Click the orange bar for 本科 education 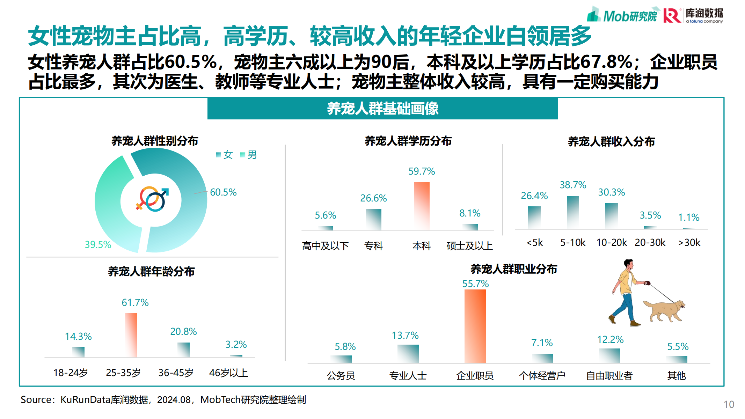(422, 206)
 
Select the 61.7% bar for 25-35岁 (131, 335)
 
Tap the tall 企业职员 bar (475, 326)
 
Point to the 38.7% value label (573, 185)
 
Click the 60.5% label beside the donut (223, 192)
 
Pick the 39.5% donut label (98, 244)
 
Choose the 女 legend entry (225, 155)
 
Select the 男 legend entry (249, 155)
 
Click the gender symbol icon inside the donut (152, 199)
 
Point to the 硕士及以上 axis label (469, 246)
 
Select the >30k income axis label (689, 242)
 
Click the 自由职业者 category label (609, 376)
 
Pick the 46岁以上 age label (228, 373)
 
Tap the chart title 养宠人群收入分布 (611, 141)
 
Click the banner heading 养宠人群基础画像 (382, 109)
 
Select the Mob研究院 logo (622, 15)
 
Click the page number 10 (729, 404)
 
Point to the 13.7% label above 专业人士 (405, 336)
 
